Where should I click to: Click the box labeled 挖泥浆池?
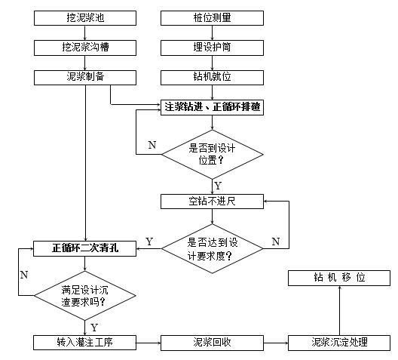[x=86, y=17]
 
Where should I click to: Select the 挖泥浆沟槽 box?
[x=86, y=48]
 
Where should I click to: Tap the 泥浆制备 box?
[x=86, y=77]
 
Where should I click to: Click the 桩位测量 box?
[x=213, y=17]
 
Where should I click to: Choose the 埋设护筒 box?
[x=213, y=48]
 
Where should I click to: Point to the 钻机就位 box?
[x=213, y=77]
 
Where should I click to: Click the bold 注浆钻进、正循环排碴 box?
[x=213, y=106]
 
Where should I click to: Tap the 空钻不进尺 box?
[x=213, y=202]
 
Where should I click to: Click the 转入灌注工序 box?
[x=85, y=342]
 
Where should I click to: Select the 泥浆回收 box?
[x=213, y=342]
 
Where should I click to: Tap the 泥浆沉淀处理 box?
[x=339, y=342]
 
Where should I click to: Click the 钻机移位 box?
[x=339, y=278]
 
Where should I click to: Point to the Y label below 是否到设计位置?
[x=218, y=184]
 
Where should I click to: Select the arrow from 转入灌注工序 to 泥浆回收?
[x=148, y=342]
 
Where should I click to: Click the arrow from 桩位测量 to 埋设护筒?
[x=213, y=32]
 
